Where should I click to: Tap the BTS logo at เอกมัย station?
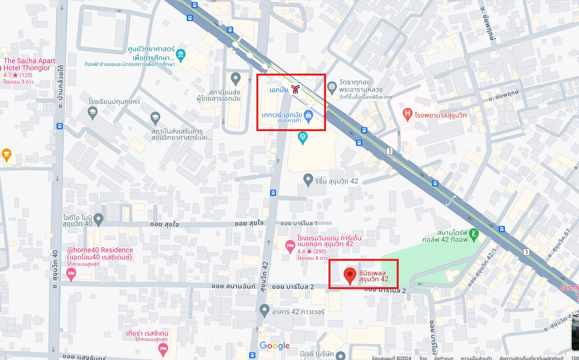[x=295, y=90]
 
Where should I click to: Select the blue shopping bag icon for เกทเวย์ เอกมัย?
[x=308, y=116]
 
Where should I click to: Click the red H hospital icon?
[x=407, y=114]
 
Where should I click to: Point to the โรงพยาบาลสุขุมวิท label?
[x=441, y=115]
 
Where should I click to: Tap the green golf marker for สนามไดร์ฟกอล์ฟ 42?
[x=474, y=234]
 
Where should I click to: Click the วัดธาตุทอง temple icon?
[x=332, y=87]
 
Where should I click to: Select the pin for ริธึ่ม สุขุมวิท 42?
[x=308, y=180]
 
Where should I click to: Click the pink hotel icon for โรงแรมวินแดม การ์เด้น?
[x=290, y=246]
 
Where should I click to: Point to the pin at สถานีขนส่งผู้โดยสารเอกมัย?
[x=235, y=78]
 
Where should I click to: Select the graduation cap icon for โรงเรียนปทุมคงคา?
[x=92, y=113]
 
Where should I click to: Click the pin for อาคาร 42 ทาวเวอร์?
[x=264, y=310]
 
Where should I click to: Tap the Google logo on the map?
[x=274, y=346]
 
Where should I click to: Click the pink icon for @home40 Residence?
[x=71, y=274]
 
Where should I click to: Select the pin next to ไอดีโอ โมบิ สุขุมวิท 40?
[x=98, y=219]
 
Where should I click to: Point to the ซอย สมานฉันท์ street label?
[x=233, y=286]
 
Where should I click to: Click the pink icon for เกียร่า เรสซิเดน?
[x=163, y=349]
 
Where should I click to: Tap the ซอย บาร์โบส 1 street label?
[x=299, y=223]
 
